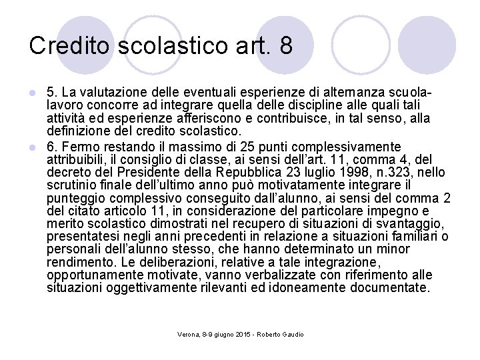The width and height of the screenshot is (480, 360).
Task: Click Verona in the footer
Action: click(x=189, y=333)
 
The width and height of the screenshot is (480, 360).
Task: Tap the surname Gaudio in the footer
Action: click(x=291, y=333)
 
